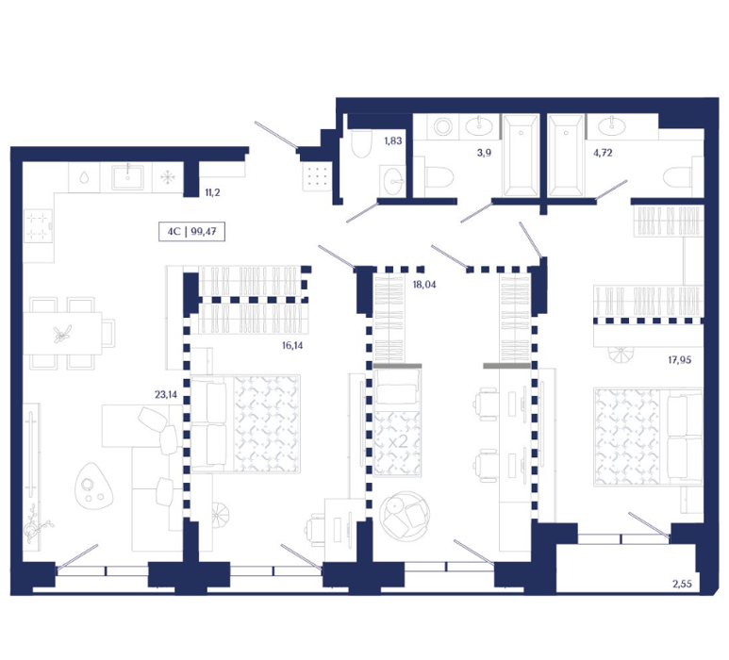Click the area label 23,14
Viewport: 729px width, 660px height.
pyautogui.click(x=166, y=395)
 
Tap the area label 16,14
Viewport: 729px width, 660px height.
pyautogui.click(x=292, y=345)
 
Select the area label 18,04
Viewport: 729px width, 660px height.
pyautogui.click(x=424, y=285)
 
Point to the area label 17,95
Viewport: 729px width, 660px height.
pyautogui.click(x=679, y=360)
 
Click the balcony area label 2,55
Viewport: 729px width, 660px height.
pyautogui.click(x=682, y=584)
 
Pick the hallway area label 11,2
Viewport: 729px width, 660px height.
pyautogui.click(x=212, y=192)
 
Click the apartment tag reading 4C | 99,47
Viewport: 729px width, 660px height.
pyautogui.click(x=191, y=231)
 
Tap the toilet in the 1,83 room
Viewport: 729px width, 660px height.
pyautogui.click(x=361, y=143)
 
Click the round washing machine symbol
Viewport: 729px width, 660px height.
pyautogui.click(x=441, y=126)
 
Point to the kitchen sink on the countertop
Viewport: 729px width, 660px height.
pyautogui.click(x=127, y=176)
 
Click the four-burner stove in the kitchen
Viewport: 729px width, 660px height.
pyautogui.click(x=38, y=226)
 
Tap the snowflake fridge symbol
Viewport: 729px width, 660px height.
pyautogui.click(x=167, y=177)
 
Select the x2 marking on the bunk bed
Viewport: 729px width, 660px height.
pyautogui.click(x=398, y=441)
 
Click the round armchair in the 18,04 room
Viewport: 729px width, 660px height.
pyautogui.click(x=404, y=515)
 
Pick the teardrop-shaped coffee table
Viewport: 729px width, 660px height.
pyautogui.click(x=94, y=486)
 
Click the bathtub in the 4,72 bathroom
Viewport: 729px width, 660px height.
pyautogui.click(x=565, y=156)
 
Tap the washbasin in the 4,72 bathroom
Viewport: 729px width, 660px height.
pyautogui.click(x=611, y=125)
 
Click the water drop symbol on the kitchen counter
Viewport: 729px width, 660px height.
pyautogui.click(x=84, y=177)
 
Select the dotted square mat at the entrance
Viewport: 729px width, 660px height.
pyautogui.click(x=317, y=176)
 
